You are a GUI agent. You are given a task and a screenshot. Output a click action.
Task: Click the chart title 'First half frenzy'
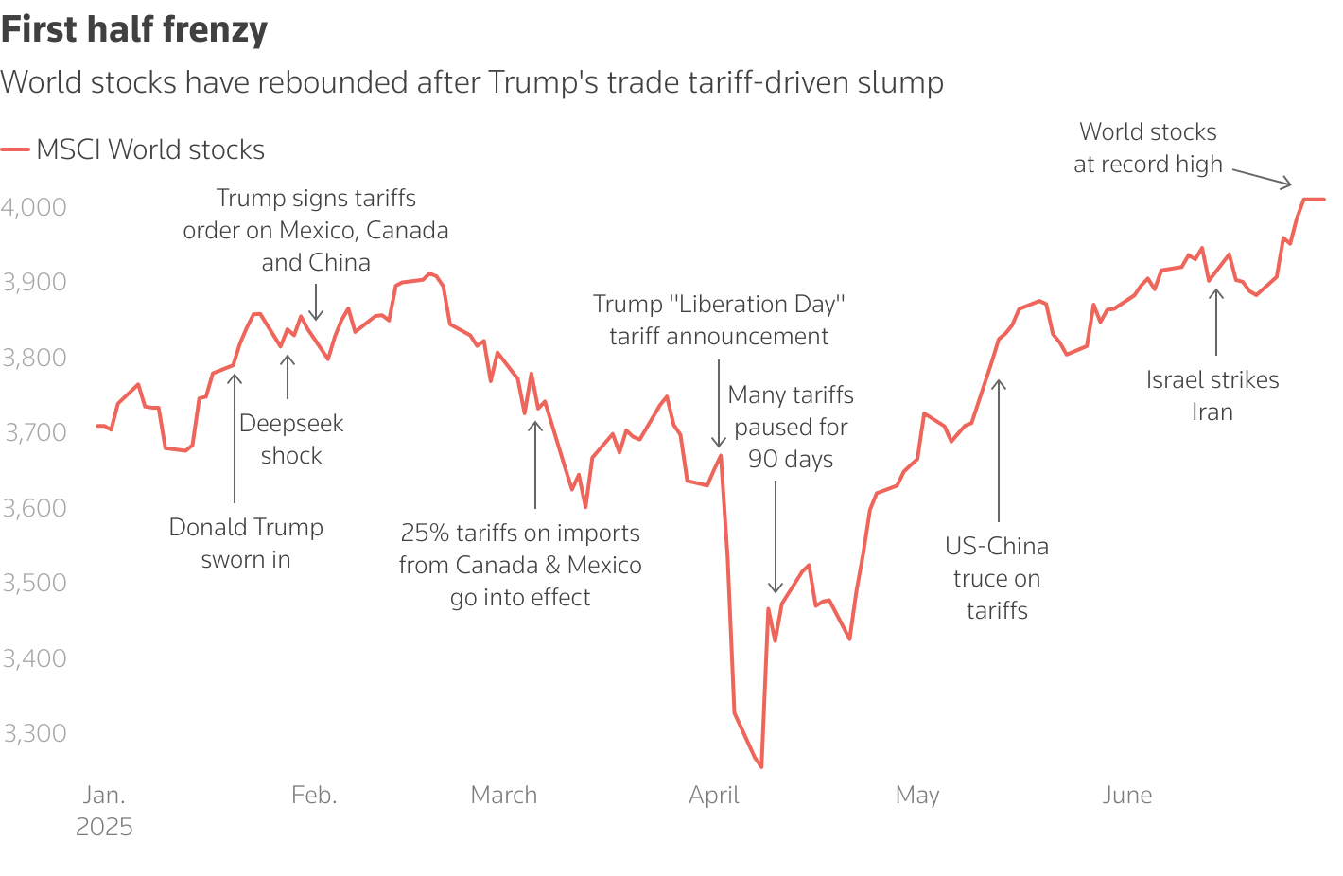click(x=134, y=30)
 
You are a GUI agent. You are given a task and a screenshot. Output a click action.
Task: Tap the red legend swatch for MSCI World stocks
click(x=15, y=149)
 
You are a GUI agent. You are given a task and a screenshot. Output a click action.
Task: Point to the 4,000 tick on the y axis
click(x=34, y=207)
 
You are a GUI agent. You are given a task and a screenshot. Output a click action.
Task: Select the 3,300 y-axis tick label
click(x=34, y=733)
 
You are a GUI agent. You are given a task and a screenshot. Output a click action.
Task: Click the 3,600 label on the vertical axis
click(x=34, y=508)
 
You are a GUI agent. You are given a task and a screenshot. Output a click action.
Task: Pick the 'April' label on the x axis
click(x=714, y=796)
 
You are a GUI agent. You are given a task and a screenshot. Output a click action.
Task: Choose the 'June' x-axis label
click(x=1126, y=796)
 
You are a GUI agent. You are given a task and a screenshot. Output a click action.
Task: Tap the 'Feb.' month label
click(x=314, y=796)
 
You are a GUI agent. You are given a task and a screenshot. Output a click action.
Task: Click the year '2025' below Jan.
click(x=104, y=828)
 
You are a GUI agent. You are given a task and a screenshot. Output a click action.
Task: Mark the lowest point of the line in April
click(x=761, y=767)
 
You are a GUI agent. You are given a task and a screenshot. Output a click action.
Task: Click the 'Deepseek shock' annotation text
click(x=291, y=440)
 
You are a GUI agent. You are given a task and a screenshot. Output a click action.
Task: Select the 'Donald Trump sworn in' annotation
click(x=246, y=543)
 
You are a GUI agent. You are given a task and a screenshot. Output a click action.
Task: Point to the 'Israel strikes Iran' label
click(x=1212, y=395)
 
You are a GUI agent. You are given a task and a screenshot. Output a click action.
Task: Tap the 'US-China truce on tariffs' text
click(x=997, y=578)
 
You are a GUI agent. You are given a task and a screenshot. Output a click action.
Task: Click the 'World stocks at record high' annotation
click(x=1148, y=148)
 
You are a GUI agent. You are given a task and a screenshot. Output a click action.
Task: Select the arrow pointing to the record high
click(x=1262, y=177)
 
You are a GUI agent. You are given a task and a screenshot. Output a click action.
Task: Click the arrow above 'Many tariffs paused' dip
click(x=776, y=536)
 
